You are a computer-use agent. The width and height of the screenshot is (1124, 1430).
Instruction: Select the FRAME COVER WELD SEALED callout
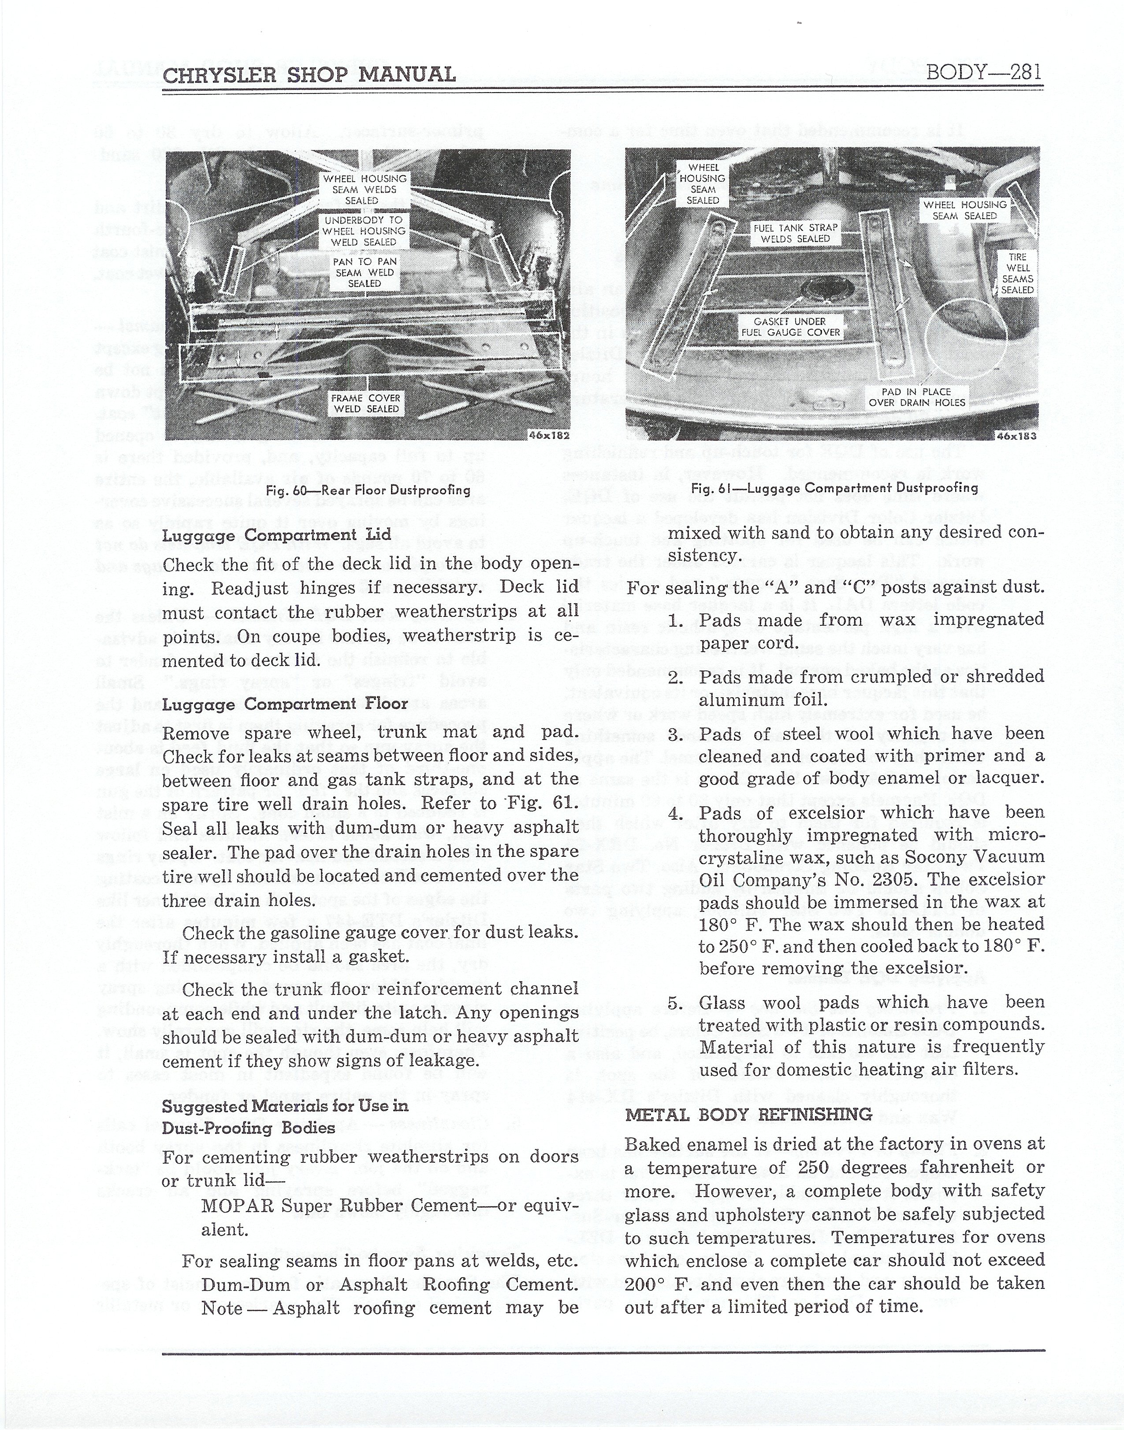tap(365, 403)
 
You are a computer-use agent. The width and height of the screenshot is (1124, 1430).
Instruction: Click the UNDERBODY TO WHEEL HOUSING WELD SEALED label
tap(365, 231)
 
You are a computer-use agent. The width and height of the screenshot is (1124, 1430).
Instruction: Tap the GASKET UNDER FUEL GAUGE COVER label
tap(790, 327)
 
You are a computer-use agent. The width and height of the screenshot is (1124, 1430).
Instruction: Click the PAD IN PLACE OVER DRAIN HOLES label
tap(917, 397)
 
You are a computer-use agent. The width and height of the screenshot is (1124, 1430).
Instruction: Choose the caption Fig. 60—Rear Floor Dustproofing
tap(368, 490)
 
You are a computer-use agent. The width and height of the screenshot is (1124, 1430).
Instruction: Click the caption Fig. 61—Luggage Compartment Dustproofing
tap(834, 488)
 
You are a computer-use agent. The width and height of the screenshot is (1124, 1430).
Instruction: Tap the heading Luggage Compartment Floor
tap(286, 705)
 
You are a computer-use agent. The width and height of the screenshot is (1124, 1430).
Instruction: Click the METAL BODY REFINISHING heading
tap(748, 1115)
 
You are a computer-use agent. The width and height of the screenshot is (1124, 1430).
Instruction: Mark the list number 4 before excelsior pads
tap(674, 814)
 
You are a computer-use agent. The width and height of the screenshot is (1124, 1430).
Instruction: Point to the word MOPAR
tap(237, 1207)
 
